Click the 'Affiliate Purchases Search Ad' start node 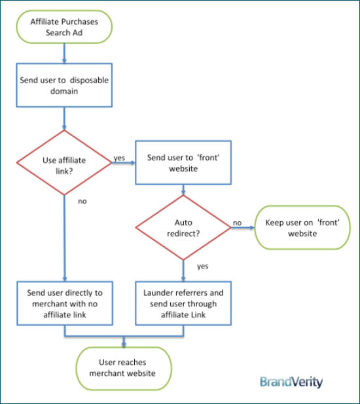[x=64, y=27]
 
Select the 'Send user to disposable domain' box [x=64, y=85]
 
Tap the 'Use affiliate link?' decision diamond [x=64, y=162]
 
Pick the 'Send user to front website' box [x=183, y=162]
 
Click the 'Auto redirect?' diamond [x=183, y=227]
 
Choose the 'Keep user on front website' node [x=302, y=227]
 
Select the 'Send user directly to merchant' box [x=65, y=303]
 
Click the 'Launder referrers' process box [x=183, y=303]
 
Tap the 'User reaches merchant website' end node [x=124, y=369]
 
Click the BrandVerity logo [x=291, y=382]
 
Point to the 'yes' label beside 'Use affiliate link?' [x=120, y=158]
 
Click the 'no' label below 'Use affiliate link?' [x=82, y=201]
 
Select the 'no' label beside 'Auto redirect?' [x=237, y=223]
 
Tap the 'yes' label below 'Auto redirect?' [x=203, y=266]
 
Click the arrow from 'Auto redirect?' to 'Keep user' [x=243, y=227]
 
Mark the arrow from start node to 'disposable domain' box [x=64, y=53]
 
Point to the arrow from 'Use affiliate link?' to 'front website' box [x=124, y=162]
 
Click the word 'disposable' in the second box [x=89, y=80]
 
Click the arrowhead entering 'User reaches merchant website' [x=124, y=345]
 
